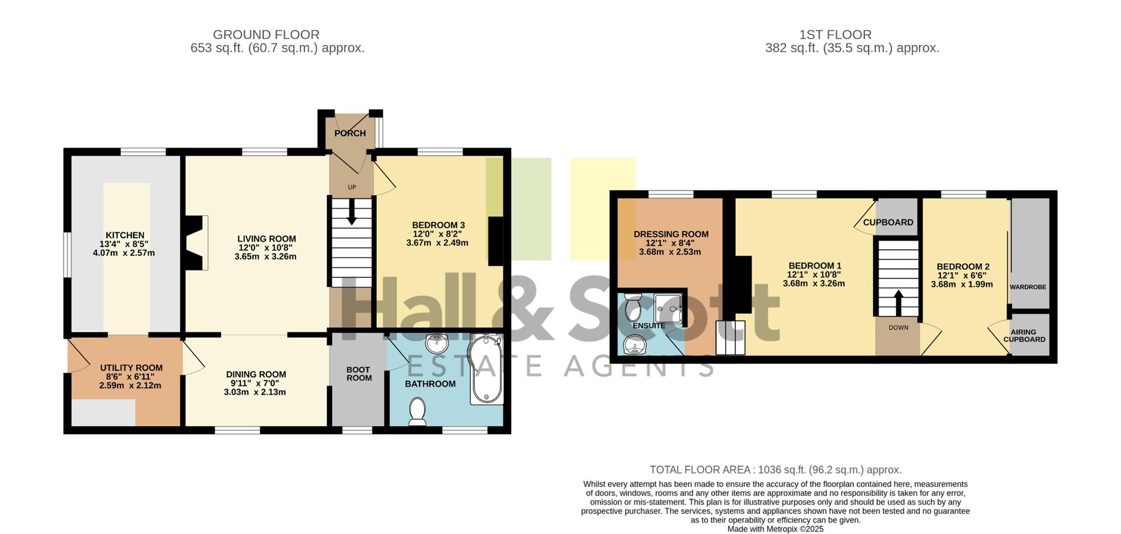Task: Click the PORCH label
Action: pyautogui.click(x=350, y=133)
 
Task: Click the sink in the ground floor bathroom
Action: pyautogui.click(x=437, y=343)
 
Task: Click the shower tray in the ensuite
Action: pyautogui.click(x=668, y=308)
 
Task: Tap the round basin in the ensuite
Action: pyautogui.click(x=633, y=345)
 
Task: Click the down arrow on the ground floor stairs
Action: pyautogui.click(x=352, y=211)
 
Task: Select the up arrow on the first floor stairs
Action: pyautogui.click(x=899, y=303)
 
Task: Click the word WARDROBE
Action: pyautogui.click(x=1028, y=287)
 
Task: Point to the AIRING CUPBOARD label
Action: pyautogui.click(x=1024, y=336)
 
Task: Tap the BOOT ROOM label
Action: pyautogui.click(x=359, y=374)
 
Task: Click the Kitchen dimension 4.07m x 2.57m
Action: pyautogui.click(x=124, y=253)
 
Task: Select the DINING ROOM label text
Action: pyautogui.click(x=256, y=374)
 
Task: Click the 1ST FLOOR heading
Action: pyautogui.click(x=835, y=35)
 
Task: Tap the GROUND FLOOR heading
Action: pyautogui.click(x=266, y=35)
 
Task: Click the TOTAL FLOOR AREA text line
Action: pyautogui.click(x=775, y=470)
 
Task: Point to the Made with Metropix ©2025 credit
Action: pyautogui.click(x=775, y=529)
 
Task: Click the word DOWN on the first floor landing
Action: pyautogui.click(x=899, y=328)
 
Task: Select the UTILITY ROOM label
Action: pyautogui.click(x=131, y=368)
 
